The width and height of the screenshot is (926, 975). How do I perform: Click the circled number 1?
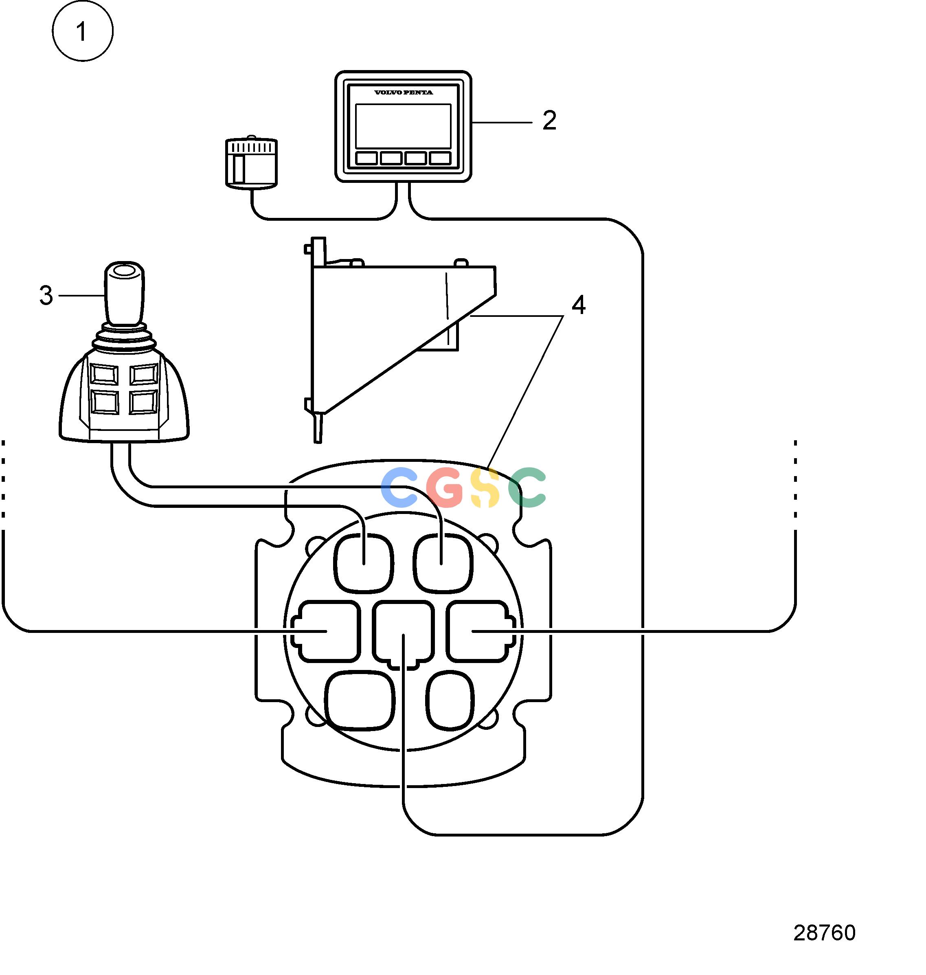click(82, 31)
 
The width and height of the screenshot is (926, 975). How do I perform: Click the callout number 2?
click(549, 121)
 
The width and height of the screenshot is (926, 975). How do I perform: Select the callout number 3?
click(46, 295)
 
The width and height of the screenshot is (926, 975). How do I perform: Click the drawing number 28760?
click(824, 933)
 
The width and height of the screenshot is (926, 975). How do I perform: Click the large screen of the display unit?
click(403, 126)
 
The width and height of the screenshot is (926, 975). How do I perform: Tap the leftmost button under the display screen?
click(367, 158)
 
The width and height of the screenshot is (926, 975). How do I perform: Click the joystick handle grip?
click(124, 293)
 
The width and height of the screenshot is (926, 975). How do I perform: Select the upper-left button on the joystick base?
click(104, 375)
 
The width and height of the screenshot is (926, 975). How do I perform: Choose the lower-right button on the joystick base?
click(144, 402)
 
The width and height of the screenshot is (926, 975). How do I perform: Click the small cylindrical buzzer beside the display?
click(251, 163)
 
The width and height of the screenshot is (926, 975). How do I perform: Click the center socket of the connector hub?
click(403, 635)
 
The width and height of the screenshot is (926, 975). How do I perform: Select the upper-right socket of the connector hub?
click(443, 563)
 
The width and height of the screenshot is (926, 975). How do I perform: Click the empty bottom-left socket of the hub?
click(360, 701)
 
